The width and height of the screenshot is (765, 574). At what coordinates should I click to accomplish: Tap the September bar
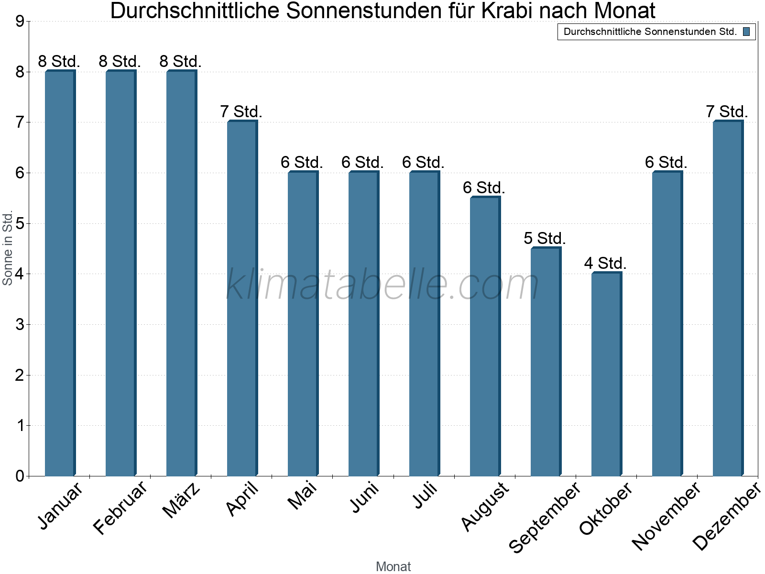tap(546, 362)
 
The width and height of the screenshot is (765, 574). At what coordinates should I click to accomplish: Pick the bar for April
tap(242, 298)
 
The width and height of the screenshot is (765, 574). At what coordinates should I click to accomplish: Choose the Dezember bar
tap(728, 298)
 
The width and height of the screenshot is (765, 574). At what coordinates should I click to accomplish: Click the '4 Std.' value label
tap(605, 263)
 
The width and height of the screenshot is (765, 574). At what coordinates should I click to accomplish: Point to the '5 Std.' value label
tap(545, 238)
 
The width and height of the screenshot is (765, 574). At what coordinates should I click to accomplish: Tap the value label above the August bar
tap(484, 188)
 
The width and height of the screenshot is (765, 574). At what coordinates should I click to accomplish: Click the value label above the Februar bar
tap(120, 61)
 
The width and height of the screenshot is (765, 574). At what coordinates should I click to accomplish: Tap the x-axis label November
tap(667, 516)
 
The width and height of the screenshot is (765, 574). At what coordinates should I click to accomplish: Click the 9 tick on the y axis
tap(19, 22)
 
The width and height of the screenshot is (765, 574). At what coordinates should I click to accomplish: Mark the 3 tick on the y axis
tap(19, 325)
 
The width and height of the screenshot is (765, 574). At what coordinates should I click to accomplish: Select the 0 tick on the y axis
tap(19, 476)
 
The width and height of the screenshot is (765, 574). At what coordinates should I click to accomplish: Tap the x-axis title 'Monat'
tap(393, 566)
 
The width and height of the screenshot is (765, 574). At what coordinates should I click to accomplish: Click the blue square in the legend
tap(746, 32)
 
